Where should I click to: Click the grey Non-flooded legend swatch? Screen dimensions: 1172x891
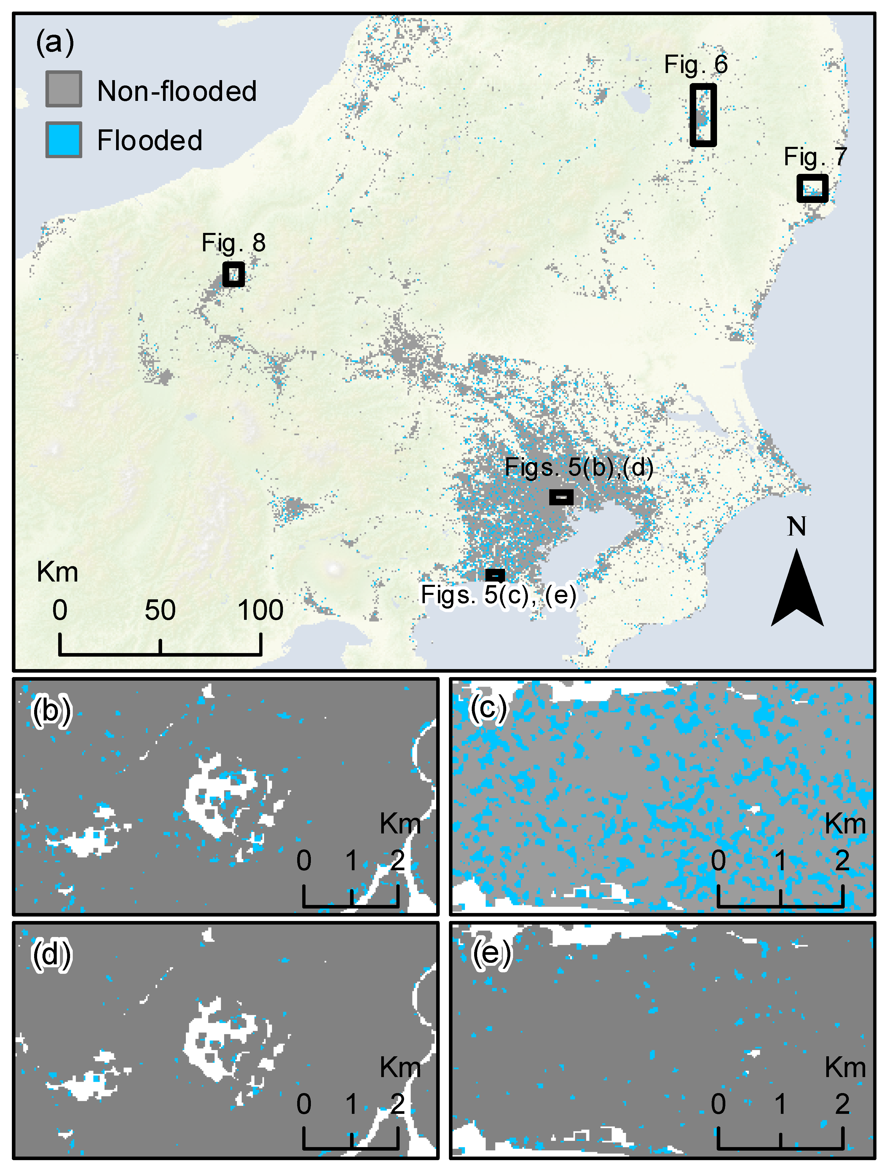click(64, 89)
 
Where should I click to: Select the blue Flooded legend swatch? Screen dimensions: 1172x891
click(64, 139)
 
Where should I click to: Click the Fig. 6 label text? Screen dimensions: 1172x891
click(696, 65)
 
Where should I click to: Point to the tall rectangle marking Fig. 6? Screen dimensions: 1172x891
click(703, 115)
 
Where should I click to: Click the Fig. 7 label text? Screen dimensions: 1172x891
click(815, 157)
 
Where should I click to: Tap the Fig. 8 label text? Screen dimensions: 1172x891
click(233, 243)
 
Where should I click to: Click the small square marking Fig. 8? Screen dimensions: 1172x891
click(233, 274)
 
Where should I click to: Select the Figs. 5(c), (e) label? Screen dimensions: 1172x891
click(498, 595)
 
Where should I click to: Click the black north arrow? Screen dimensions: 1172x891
click(797, 591)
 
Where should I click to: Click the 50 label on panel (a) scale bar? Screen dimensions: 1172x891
click(160, 610)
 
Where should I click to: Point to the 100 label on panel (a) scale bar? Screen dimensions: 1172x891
click(260, 610)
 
